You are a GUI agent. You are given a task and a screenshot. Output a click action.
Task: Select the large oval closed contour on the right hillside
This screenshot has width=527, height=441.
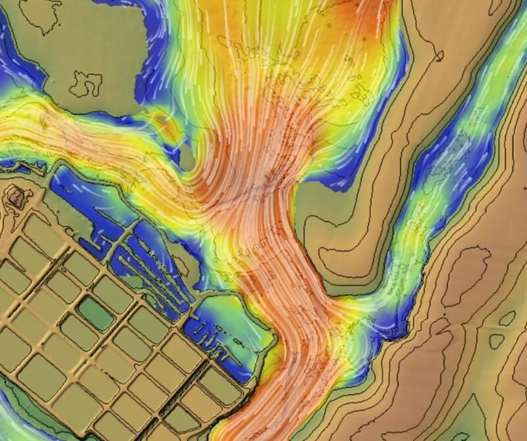[464, 275]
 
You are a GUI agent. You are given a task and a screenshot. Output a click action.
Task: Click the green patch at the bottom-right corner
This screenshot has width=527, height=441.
[515, 426]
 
